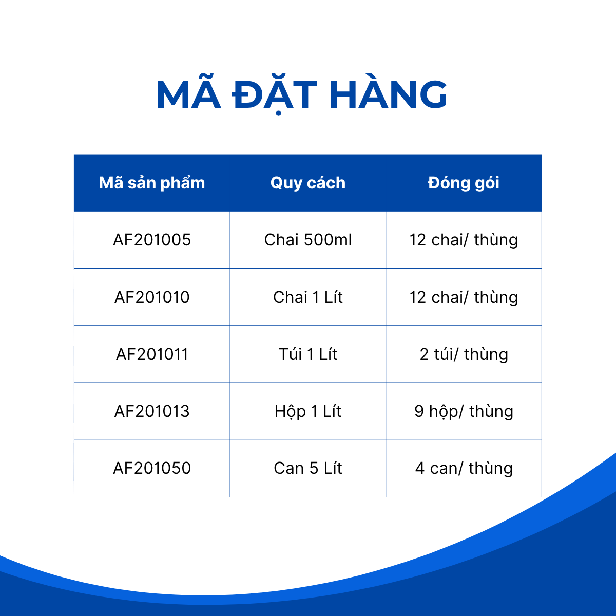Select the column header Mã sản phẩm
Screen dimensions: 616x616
[152, 183]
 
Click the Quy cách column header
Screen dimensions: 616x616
[308, 183]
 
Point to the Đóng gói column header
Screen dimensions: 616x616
[464, 183]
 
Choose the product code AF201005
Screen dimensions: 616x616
[152, 240]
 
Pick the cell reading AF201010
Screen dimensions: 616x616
[152, 297]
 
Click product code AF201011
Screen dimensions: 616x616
[152, 354]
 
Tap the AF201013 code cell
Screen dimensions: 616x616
[152, 411]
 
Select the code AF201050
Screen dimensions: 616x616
[152, 468]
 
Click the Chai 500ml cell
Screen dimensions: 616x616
[308, 240]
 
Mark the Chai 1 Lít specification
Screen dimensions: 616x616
[308, 297]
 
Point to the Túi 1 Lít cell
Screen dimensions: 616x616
[308, 354]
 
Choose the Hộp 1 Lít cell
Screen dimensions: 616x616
[308, 412]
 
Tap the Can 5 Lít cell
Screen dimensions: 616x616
[308, 468]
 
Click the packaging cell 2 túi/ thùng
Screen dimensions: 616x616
[464, 355]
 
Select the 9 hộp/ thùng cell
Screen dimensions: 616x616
[464, 412]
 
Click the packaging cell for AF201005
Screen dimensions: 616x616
[464, 240]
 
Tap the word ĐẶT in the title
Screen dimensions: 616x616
[274, 94]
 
